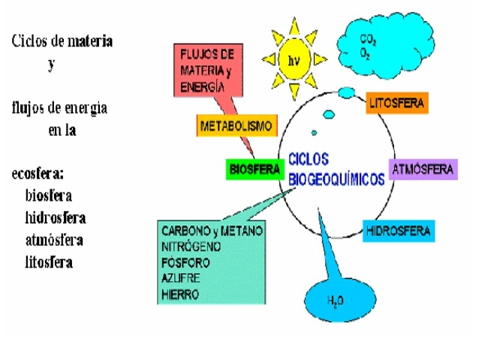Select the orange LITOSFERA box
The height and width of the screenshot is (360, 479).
point(397,103)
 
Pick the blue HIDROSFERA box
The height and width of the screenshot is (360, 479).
point(399,230)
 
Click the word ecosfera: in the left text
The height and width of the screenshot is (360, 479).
point(38,174)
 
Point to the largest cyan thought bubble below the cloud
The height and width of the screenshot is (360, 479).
point(346,92)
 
